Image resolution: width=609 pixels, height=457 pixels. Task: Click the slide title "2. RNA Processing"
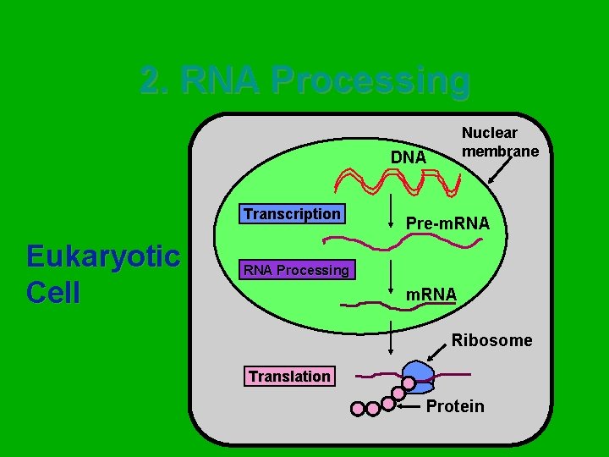304,81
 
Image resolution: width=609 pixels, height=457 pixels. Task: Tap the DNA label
408,157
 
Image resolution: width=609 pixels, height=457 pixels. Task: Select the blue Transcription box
292,214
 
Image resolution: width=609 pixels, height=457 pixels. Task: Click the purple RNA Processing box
296,270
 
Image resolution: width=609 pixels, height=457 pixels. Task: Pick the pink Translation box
289,376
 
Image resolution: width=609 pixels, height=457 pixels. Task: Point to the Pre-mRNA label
447,224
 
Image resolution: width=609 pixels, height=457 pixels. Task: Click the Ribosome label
491,340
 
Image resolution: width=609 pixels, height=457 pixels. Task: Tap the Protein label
455,406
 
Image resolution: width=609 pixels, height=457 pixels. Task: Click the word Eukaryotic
103,255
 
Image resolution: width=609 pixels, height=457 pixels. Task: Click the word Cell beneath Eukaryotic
53,292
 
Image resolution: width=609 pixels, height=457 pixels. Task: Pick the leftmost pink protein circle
358,410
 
